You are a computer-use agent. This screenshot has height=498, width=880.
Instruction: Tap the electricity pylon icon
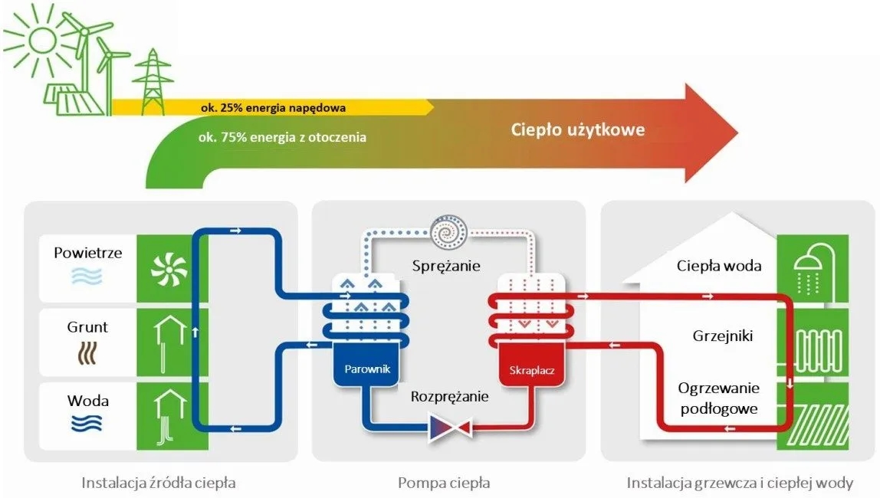point(153,80)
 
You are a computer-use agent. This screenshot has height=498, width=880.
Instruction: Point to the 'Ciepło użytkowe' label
point(578,129)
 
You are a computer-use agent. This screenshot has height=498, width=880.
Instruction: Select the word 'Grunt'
point(87,327)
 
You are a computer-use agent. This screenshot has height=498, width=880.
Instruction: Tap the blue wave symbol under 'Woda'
point(87,424)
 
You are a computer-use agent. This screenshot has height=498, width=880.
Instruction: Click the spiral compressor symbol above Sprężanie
point(446,230)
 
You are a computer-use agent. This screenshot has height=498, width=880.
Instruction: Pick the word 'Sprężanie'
point(445,266)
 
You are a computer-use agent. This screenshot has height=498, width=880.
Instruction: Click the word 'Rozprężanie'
point(449,397)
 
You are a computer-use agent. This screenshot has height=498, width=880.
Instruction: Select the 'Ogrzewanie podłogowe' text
point(718,398)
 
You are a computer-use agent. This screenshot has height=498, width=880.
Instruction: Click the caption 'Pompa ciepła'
point(444,483)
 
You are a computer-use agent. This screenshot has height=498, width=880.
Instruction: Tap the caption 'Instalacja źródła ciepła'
point(159,483)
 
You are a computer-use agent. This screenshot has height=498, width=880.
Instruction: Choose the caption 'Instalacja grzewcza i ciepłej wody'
point(740,483)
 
